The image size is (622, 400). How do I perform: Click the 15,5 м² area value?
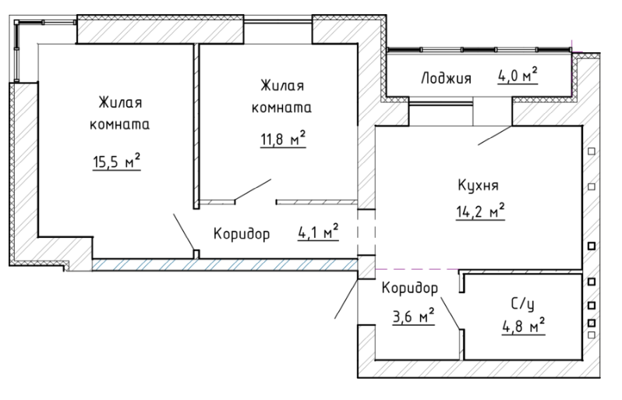[x=117, y=161]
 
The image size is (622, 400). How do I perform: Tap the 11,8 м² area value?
[x=283, y=139]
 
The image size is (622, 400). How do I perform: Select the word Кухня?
[x=478, y=186]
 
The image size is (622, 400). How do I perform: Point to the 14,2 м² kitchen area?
[x=480, y=211]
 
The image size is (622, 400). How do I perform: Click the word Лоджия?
[x=447, y=78]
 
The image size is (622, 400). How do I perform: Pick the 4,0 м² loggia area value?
[x=518, y=75]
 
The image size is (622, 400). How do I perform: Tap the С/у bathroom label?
[x=523, y=304]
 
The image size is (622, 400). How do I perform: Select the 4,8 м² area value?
[x=523, y=327]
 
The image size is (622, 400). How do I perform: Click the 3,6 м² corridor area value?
[x=413, y=317]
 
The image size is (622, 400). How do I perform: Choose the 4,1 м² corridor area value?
[x=318, y=232]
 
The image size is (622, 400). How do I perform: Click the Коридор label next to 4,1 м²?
[x=242, y=234]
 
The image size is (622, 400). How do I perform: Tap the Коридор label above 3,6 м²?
[x=410, y=288]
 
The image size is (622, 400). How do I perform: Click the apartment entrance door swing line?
[x=346, y=299]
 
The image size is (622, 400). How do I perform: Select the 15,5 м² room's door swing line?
[x=184, y=232]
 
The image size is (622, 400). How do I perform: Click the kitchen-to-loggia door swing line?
[x=495, y=136]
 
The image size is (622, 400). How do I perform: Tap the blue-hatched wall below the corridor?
[x=225, y=265]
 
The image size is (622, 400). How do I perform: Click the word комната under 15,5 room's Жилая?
[x=119, y=125]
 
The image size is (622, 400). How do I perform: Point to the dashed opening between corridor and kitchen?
[x=366, y=232]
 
